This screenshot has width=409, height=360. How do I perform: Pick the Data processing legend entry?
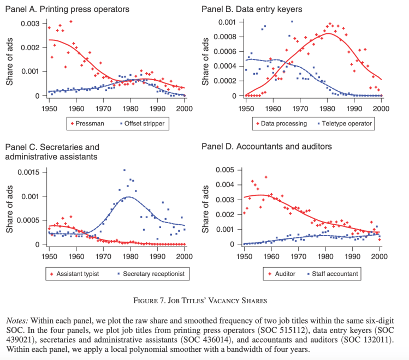click(283, 124)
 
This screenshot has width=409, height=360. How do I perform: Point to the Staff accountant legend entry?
click(335, 273)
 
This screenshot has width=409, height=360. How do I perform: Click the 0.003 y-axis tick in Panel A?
click(30, 23)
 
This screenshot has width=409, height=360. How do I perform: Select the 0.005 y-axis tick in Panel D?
click(226, 170)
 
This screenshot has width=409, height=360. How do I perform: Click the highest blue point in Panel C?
click(125, 170)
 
